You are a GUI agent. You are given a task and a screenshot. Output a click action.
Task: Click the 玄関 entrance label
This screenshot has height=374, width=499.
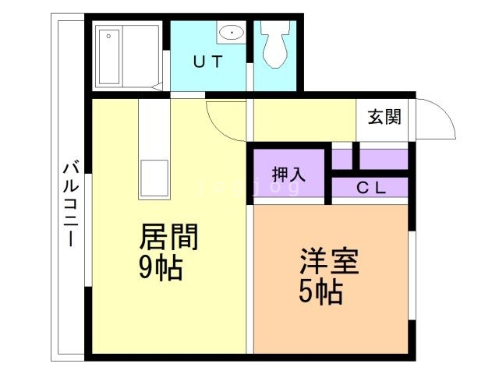384,118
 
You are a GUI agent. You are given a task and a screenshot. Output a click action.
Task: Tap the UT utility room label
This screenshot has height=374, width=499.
209,63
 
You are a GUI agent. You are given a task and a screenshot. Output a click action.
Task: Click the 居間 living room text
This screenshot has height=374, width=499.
168,236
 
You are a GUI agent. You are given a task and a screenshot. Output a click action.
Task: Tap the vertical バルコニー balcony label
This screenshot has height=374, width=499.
69,203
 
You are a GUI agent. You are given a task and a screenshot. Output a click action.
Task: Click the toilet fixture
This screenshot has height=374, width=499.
274,42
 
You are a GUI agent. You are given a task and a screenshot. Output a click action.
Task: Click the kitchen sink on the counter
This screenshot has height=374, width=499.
154,178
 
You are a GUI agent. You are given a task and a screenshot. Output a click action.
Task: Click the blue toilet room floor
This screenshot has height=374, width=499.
274,78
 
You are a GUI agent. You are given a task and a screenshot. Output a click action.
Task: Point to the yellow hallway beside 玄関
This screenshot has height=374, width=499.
304,118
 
